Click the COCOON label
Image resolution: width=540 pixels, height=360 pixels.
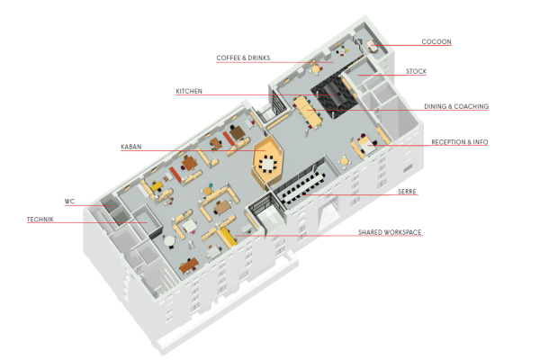(x=436, y=41)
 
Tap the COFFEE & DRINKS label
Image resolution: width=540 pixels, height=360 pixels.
(x=243, y=58)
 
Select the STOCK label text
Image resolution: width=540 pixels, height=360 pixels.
(x=416, y=71)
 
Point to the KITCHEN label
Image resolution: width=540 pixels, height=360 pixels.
(x=189, y=91)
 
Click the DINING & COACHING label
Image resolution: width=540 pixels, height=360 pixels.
(x=456, y=106)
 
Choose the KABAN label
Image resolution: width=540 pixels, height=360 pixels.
(x=131, y=147)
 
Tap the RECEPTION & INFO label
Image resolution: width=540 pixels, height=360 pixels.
(x=460, y=142)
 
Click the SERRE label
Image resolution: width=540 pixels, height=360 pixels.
(x=407, y=192)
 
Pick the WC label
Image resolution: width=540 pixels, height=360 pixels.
(x=69, y=202)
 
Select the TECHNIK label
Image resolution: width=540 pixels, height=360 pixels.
(x=40, y=220)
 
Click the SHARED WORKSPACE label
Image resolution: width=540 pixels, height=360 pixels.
(x=390, y=232)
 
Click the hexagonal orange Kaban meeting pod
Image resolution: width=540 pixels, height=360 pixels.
(x=268, y=161)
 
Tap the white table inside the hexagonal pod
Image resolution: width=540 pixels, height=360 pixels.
(x=268, y=163)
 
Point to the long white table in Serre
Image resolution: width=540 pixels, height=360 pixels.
(x=302, y=188)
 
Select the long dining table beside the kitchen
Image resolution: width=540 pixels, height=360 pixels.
(x=308, y=111)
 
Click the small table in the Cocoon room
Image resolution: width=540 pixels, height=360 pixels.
(x=372, y=45)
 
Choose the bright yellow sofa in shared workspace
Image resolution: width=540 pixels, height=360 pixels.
(x=229, y=237)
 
